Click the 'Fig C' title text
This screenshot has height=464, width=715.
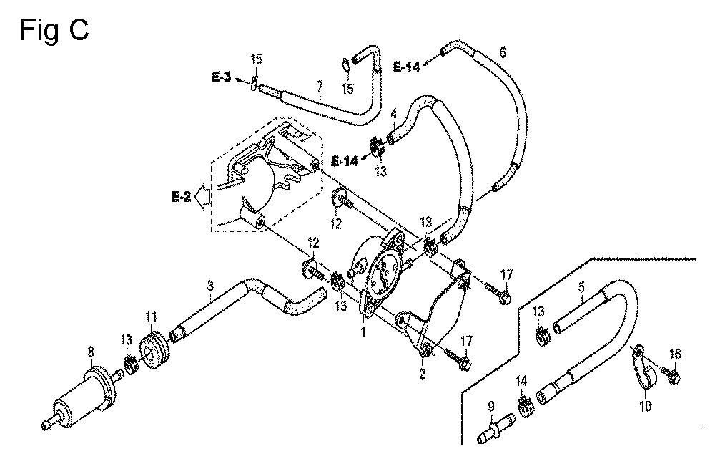(54, 31)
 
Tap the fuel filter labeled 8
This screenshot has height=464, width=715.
(82, 396)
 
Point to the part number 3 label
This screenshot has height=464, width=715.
(209, 286)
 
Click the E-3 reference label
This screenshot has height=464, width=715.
(222, 77)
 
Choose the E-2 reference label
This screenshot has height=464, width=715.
(181, 197)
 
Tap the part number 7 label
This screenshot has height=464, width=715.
(320, 87)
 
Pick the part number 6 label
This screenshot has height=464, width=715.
(503, 52)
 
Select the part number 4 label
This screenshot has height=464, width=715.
(394, 113)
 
